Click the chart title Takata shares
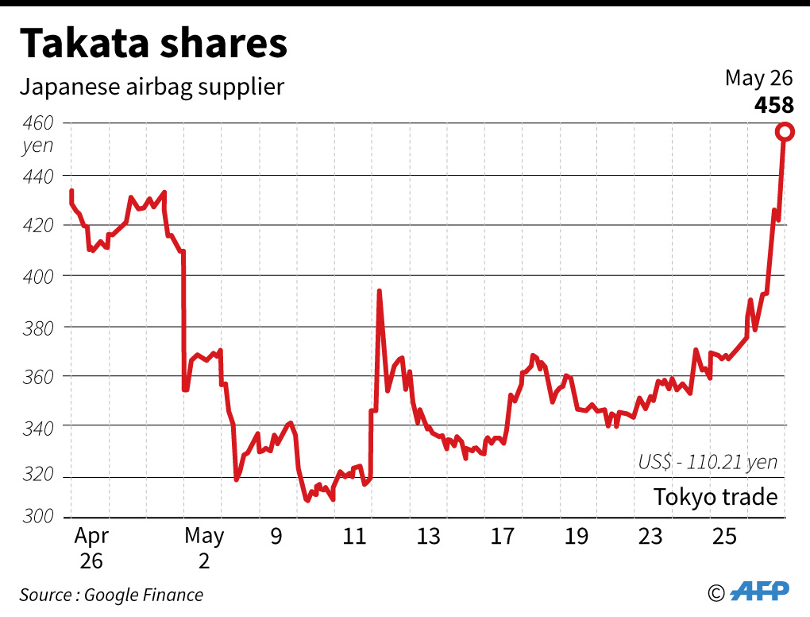(153, 45)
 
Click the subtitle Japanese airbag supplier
(152, 86)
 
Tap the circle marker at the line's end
(784, 132)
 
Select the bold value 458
(773, 105)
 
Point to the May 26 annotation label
(758, 79)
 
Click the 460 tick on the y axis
(37, 123)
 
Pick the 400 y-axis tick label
(37, 276)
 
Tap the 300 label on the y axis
(37, 517)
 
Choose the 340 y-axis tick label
(37, 427)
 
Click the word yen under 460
(37, 146)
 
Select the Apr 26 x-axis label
(91, 548)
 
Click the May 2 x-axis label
(204, 548)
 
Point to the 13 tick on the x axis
(428, 537)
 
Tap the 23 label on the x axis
(650, 537)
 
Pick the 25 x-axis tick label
(724, 537)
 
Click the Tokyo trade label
(715, 497)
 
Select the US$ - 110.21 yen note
(708, 462)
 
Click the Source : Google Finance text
(111, 595)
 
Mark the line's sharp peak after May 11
(379, 292)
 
